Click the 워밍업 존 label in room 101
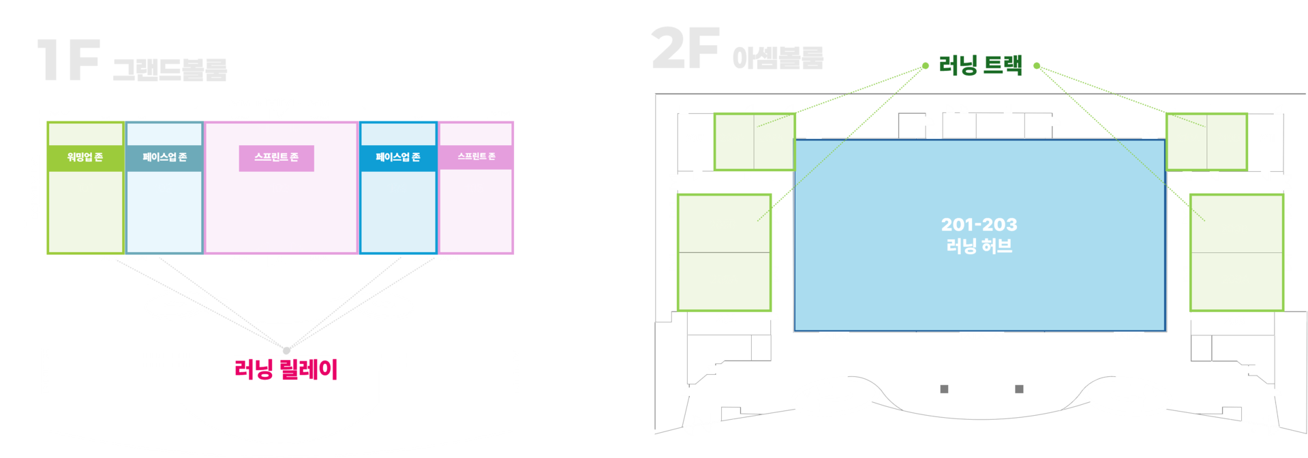[x=85, y=157]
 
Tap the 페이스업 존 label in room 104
[x=398, y=157]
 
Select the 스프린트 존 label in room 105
[x=476, y=157]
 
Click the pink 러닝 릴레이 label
[x=286, y=369]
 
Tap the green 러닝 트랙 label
[x=980, y=65]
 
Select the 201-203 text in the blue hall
[x=979, y=224]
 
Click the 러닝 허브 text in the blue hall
[x=979, y=245]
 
